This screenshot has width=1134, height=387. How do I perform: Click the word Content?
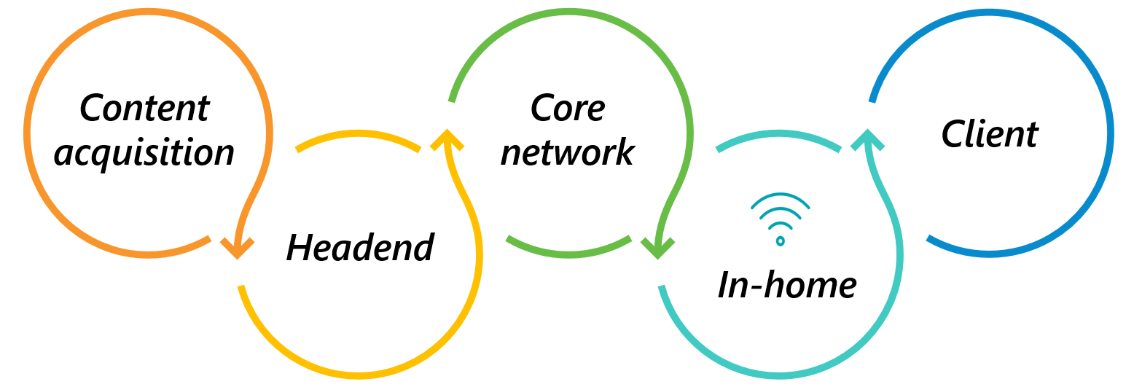click(144, 109)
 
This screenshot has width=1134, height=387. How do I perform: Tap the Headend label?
click(360, 249)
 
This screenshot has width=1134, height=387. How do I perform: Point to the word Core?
click(567, 109)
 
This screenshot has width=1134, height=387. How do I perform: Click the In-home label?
click(786, 285)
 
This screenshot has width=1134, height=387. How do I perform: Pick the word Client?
click(990, 134)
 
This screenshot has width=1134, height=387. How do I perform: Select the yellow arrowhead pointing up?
click(447, 138)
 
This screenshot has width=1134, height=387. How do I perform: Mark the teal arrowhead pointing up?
click(867, 138)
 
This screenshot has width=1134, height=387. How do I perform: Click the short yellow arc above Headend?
click(358, 135)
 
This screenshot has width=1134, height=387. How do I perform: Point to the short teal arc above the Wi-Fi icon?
click(778, 135)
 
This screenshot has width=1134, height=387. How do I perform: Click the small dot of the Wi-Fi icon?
click(780, 241)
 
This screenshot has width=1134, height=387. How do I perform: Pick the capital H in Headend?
click(300, 249)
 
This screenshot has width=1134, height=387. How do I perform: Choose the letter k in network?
click(624, 153)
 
